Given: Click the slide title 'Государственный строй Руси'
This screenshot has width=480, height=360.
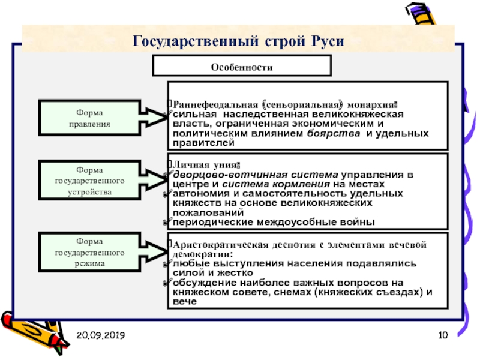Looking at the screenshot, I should pyautogui.click(x=239, y=41).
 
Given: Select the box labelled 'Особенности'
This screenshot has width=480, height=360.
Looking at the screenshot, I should pyautogui.click(x=241, y=67).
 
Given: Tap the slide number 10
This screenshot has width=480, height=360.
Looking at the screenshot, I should pyautogui.click(x=443, y=334).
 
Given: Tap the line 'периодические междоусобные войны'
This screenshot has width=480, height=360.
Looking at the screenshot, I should pyautogui.click(x=274, y=223).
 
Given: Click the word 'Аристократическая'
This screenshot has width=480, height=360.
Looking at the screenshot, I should pyautogui.click(x=216, y=244).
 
